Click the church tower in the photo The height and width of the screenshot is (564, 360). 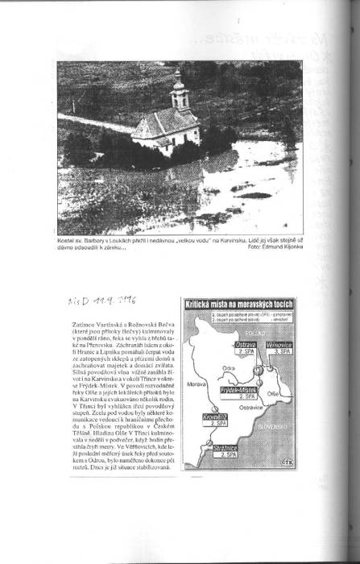178,90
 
